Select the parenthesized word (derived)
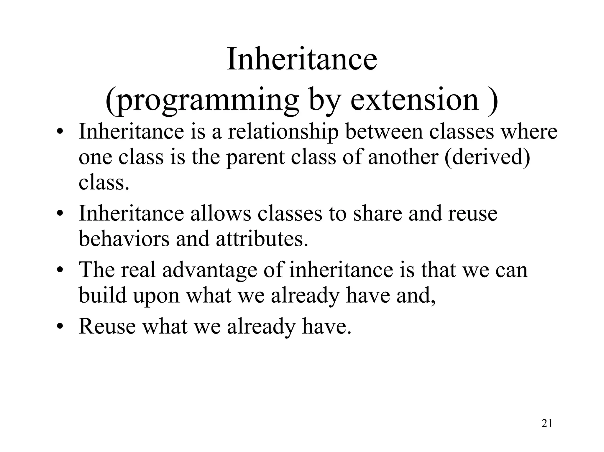[487, 157]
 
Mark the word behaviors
[124, 238]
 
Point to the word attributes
[262, 238]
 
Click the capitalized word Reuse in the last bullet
[107, 326]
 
